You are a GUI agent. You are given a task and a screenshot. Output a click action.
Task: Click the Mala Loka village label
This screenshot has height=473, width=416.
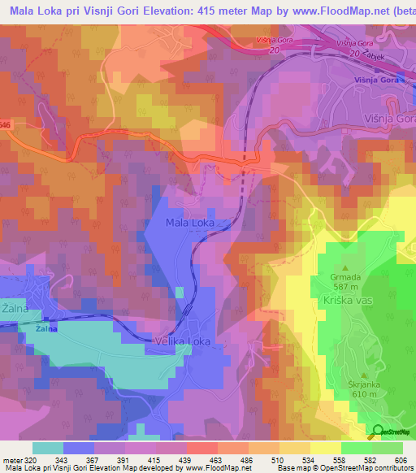coord(189,222)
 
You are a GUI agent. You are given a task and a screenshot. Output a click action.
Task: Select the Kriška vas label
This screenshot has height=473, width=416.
coord(349,300)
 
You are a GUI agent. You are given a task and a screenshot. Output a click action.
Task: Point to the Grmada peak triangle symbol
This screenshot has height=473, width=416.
coord(344,267)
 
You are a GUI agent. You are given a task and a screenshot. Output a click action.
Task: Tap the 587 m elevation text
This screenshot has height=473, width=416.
coord(344,286)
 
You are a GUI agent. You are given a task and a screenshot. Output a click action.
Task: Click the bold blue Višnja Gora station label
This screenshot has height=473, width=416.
coord(373,80)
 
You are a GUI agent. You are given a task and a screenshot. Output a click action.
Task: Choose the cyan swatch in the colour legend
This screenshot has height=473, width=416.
coord(48,448)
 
